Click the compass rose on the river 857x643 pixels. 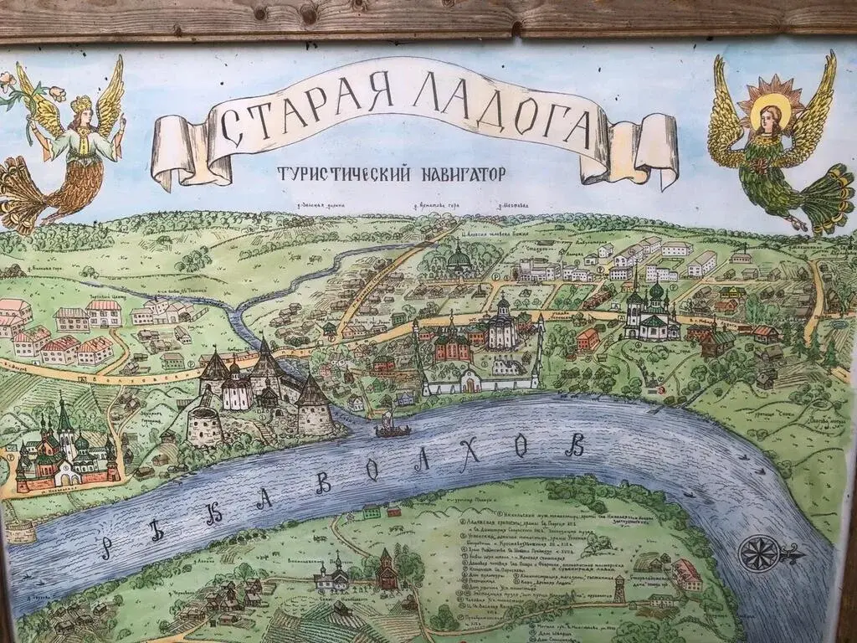click(x=763, y=553)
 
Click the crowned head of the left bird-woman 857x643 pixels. click(x=80, y=110)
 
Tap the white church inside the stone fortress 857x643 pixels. click(x=236, y=389)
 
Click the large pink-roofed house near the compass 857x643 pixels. click(x=686, y=574)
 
